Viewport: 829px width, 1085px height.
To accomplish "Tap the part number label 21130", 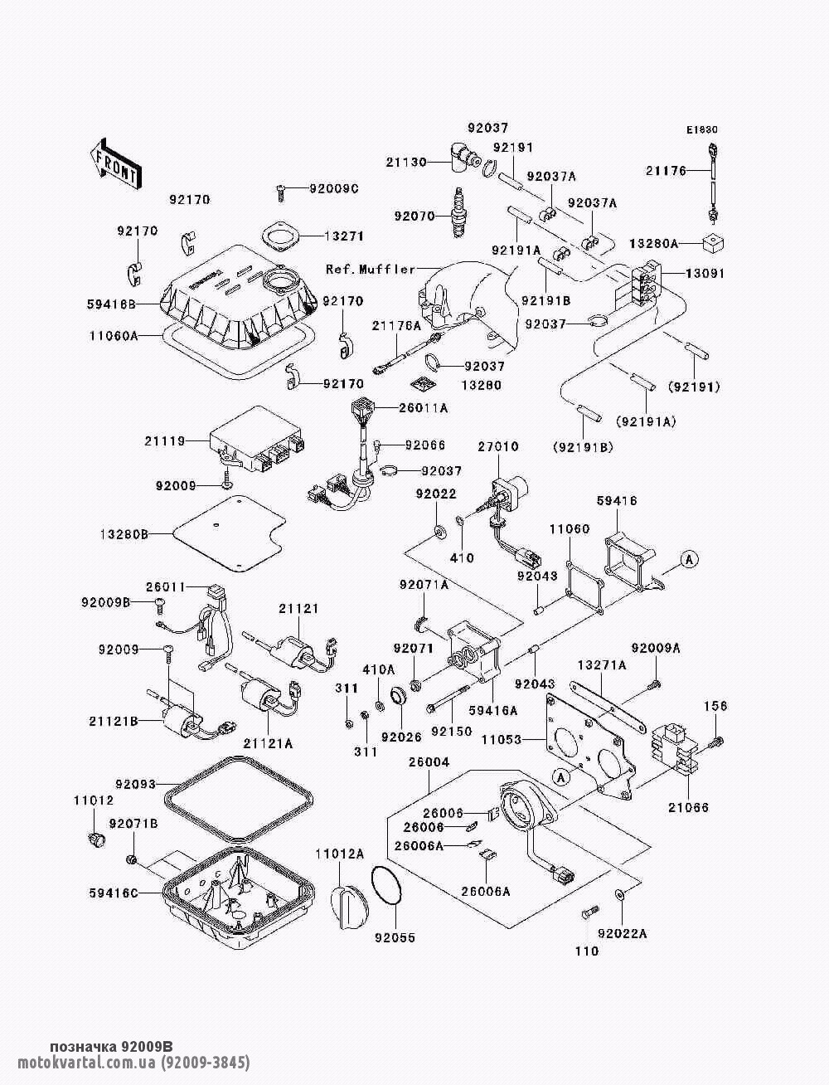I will [x=406, y=163].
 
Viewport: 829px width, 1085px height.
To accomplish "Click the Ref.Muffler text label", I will [x=370, y=270].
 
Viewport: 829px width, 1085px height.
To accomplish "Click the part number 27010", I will [x=497, y=447].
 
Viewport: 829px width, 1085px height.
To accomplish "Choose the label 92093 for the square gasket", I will [x=135, y=783].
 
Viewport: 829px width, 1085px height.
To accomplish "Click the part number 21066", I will [x=689, y=807].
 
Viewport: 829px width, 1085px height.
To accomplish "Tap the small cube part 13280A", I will [x=713, y=243].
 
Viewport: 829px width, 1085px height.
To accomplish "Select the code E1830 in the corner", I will [x=701, y=130].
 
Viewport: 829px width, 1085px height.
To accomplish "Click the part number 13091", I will [x=705, y=274].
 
